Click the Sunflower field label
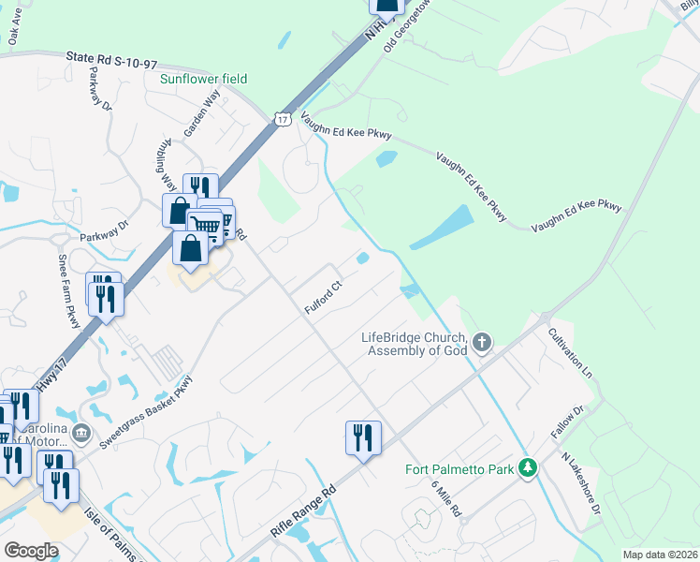pos(203,80)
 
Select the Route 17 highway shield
pos(283,118)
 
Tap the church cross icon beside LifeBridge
pos(482,342)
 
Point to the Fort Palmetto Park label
pos(459,469)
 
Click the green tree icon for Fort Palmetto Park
pos(528,467)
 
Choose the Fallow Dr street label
pos(566,424)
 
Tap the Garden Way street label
pos(200,115)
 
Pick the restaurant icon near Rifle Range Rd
pos(362,437)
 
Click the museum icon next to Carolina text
pos(81,433)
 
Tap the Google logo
pos(31,551)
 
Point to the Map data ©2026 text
pos(659,555)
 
